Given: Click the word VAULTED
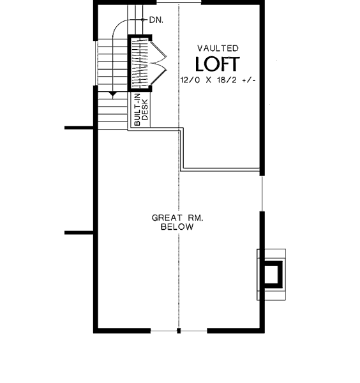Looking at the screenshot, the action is [x=218, y=49].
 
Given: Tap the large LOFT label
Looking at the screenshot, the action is [x=218, y=64].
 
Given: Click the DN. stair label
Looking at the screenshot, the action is [x=156, y=20].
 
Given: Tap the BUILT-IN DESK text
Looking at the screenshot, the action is [x=141, y=109].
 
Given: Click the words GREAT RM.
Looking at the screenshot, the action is [x=177, y=218].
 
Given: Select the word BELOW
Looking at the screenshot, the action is [x=177, y=227].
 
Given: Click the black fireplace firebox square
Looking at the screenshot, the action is [x=273, y=274].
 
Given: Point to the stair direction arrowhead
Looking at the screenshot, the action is [x=112, y=94].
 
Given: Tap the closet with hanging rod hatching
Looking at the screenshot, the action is [x=140, y=63].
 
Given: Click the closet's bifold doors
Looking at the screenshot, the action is [x=159, y=63].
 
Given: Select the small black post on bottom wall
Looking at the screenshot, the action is [x=179, y=331].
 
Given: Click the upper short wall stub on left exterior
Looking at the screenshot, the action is [x=79, y=128].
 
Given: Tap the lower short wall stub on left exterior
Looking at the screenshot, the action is [x=79, y=233].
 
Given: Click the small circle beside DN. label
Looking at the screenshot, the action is [x=143, y=20].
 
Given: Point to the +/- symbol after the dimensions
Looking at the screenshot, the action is [x=249, y=80].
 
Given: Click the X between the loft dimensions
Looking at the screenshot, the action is [x=209, y=80].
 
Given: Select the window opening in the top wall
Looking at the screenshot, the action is [x=179, y=3].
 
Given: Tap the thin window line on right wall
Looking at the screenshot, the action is [x=262, y=193].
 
